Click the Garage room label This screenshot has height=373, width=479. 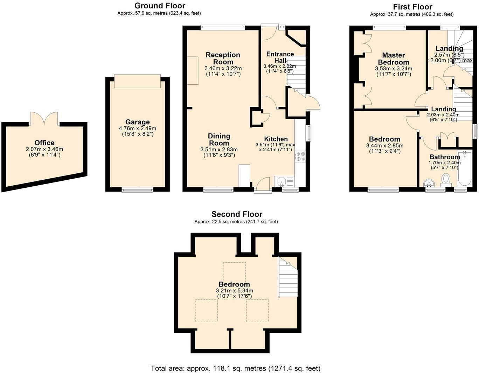point(137,122)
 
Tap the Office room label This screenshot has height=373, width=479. point(44,143)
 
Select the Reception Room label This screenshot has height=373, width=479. point(223,58)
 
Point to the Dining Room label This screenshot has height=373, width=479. point(219,139)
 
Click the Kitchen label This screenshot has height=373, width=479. point(276,139)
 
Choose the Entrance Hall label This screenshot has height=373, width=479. point(280,57)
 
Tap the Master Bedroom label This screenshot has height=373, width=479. point(394,58)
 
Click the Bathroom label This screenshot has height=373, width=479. point(445,157)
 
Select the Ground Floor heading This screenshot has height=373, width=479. point(160,6)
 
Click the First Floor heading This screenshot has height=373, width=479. point(412,7)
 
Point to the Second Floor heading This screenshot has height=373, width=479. point(237,214)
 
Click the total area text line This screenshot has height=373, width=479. point(235,368)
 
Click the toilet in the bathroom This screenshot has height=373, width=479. point(446,179)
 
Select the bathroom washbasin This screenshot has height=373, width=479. point(429,183)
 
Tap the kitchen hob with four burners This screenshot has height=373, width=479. point(300,156)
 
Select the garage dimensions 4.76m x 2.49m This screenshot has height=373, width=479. point(137,129)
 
